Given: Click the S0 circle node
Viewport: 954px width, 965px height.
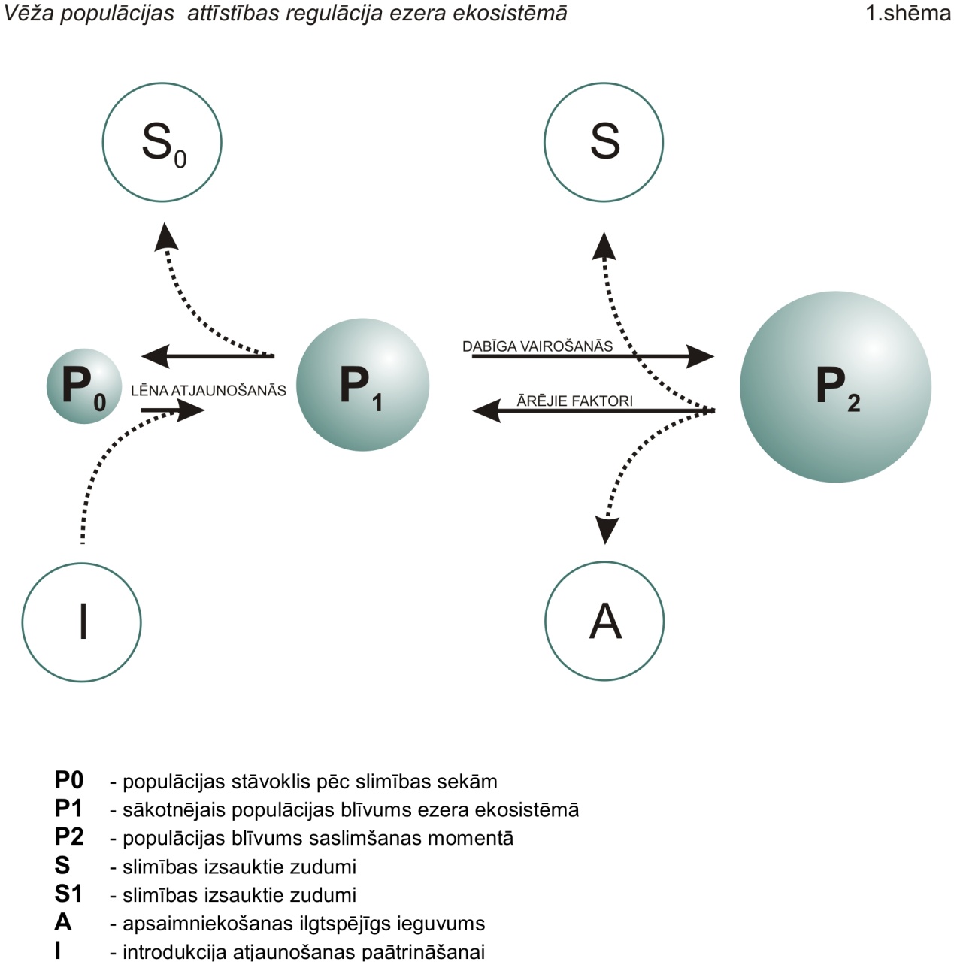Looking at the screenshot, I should tap(162, 142).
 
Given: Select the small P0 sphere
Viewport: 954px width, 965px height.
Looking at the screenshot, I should tap(84, 386).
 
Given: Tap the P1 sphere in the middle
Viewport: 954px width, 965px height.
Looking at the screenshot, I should tap(362, 385).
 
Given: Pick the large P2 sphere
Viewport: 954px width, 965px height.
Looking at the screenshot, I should tap(836, 386).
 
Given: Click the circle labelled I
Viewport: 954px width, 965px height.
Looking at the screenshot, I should tap(82, 622).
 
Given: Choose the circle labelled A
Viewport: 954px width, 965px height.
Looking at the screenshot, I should tap(604, 621).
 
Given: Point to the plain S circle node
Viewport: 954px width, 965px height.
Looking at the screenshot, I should tap(604, 142).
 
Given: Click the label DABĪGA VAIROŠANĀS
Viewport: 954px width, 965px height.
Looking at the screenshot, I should tap(538, 346).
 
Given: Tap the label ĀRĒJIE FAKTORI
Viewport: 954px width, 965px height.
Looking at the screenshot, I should tap(574, 401).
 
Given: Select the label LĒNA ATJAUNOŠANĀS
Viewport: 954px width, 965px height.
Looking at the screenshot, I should tap(208, 390).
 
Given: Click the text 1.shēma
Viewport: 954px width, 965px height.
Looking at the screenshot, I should tap(908, 13).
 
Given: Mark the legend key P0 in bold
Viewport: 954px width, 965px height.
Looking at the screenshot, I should tap(69, 781).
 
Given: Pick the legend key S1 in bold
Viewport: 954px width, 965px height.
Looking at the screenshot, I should tap(68, 894).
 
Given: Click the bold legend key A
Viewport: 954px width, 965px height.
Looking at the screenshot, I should tap(63, 922).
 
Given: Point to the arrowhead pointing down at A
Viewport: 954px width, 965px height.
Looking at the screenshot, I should tap(605, 530).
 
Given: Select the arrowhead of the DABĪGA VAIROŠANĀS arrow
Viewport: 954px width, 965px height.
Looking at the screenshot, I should tap(700, 356).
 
